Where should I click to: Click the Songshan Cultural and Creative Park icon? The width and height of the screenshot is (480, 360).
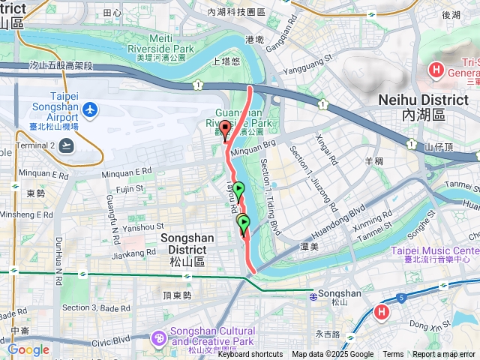coord(160,337)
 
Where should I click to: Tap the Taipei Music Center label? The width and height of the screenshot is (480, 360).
coord(434,250)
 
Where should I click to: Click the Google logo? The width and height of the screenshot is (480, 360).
coord(28,349)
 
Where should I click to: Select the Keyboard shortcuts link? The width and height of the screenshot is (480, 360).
coord(250,355)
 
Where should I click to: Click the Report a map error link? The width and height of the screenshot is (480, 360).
coord(445,355)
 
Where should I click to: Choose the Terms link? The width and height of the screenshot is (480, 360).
coord(393,355)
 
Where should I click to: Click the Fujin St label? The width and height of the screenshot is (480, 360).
coord(128,190)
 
